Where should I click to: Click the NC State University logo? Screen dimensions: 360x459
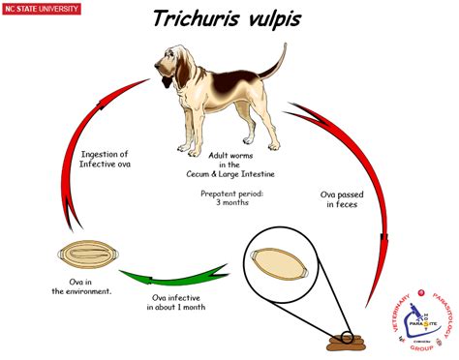(42, 10)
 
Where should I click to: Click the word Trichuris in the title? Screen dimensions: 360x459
(200, 19)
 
